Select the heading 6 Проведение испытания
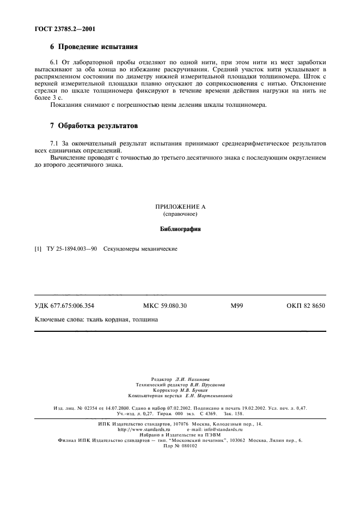[94, 47]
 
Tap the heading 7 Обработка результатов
[93, 126]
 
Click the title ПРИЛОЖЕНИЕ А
[180, 208]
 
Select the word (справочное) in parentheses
[180, 215]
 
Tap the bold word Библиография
[180, 229]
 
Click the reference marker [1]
[38, 249]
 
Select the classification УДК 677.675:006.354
[68, 306]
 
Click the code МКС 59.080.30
[164, 306]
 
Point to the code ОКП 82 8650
[305, 306]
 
